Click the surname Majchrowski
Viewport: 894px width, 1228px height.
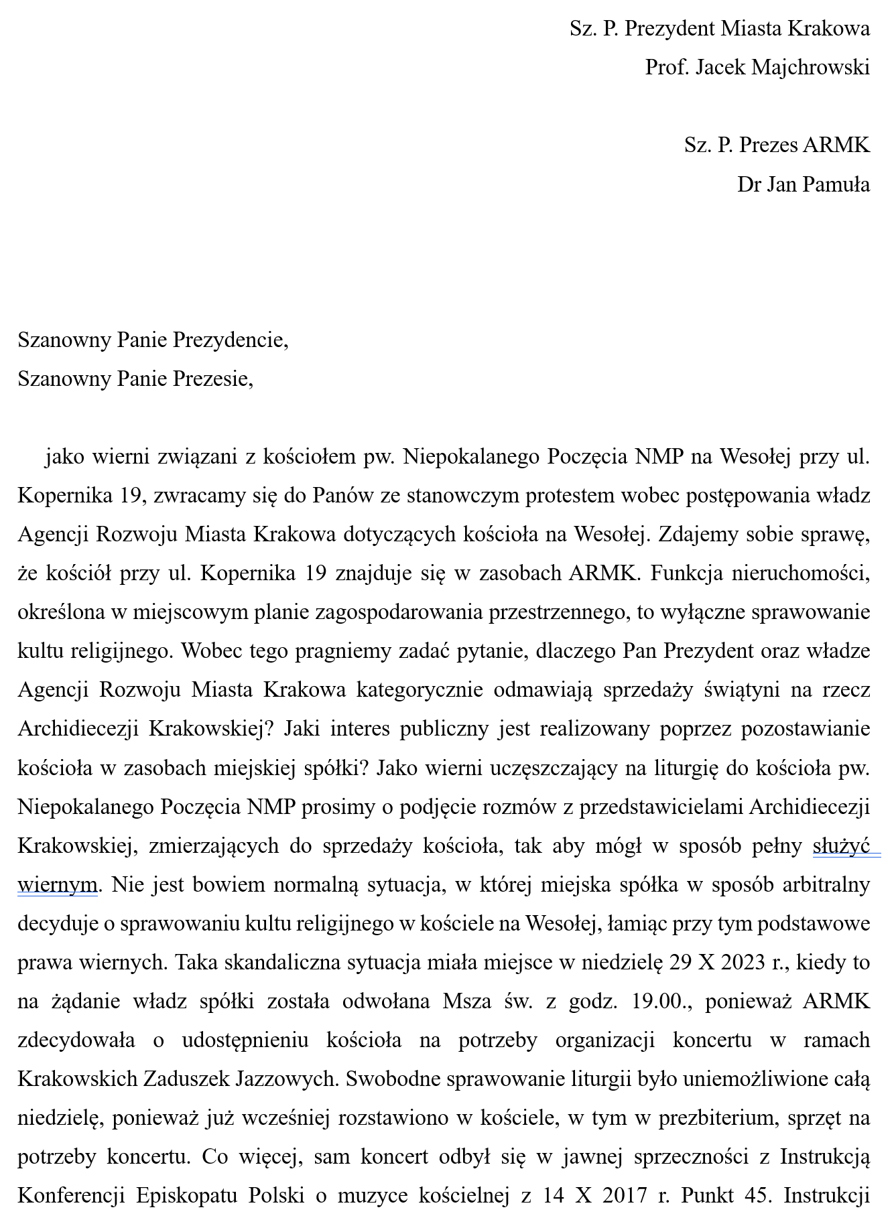[x=810, y=68]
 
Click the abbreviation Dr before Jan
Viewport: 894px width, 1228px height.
[x=749, y=184]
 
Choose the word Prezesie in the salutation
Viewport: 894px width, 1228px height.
[x=213, y=379]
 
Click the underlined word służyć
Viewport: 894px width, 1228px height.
[x=841, y=846]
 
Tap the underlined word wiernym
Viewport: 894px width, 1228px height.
[x=58, y=885]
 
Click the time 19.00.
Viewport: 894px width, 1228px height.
[x=657, y=1002]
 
